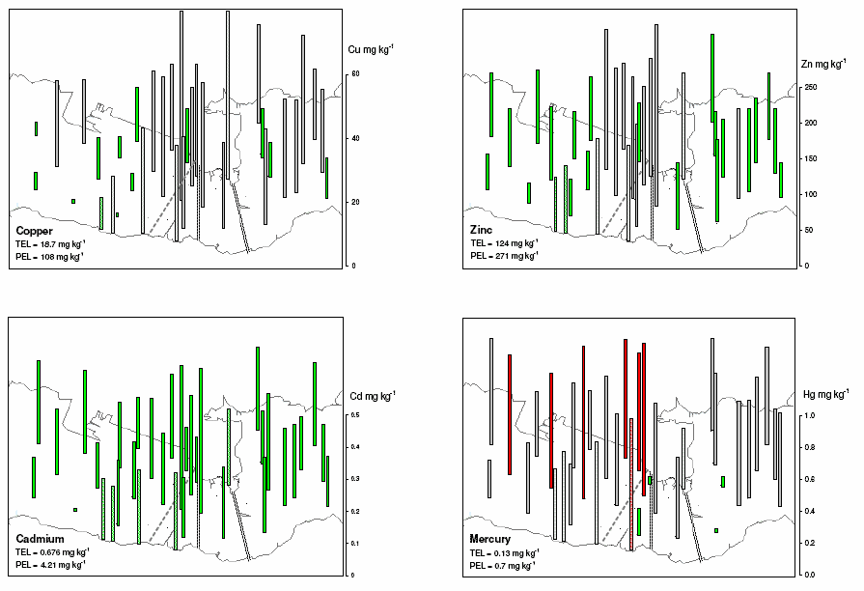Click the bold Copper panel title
34,232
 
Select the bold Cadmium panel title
41,538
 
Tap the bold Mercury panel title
491,538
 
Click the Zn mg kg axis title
825,65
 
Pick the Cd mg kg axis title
372,396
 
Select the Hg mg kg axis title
826,394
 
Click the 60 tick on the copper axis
355,74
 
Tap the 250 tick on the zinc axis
811,88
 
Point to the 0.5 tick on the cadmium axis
356,415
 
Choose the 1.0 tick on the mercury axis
810,416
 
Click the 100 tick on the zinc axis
811,194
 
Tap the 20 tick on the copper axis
355,202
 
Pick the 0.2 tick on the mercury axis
810,543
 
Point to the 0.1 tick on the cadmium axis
356,544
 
